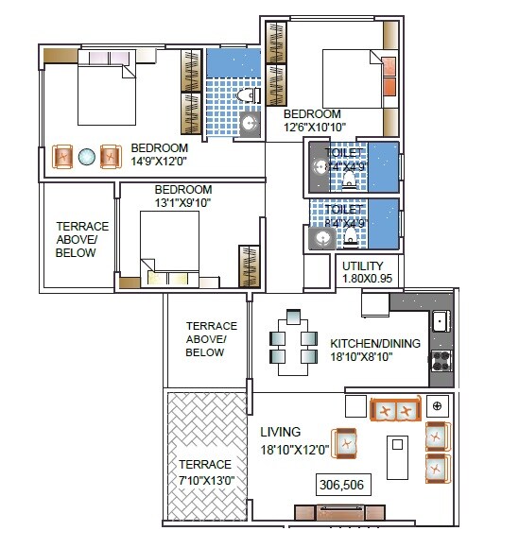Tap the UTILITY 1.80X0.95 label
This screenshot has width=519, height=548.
(x=366, y=273)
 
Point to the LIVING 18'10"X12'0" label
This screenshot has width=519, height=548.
(x=294, y=441)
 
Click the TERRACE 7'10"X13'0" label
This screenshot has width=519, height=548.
(x=205, y=471)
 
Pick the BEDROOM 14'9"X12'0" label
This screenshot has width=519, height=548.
(x=160, y=154)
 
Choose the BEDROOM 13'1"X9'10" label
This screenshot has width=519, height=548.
(x=183, y=196)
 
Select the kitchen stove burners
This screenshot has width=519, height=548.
(x=440, y=360)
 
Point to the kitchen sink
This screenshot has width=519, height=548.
(x=440, y=321)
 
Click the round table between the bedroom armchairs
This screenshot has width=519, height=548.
(x=87, y=156)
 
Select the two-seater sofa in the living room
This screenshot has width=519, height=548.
(x=395, y=410)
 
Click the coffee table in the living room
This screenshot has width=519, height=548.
(x=397, y=456)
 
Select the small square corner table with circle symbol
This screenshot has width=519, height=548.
(x=437, y=406)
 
